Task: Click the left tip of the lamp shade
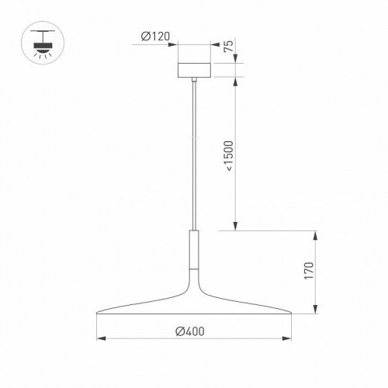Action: click(97, 313)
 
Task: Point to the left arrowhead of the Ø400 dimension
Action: click(99, 339)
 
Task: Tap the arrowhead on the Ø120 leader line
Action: click(175, 44)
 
